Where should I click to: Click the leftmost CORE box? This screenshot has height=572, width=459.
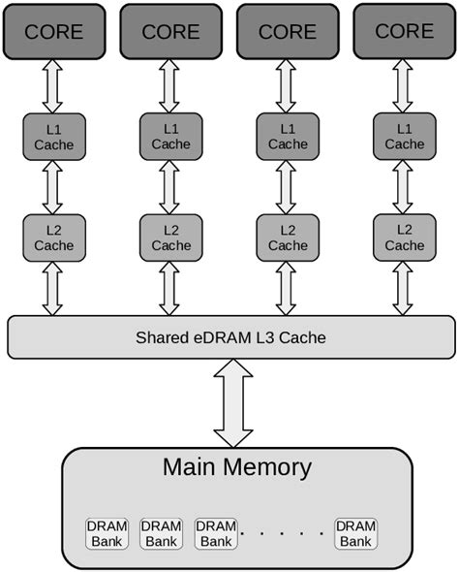click(x=54, y=30)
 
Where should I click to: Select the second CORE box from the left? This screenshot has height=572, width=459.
click(x=170, y=30)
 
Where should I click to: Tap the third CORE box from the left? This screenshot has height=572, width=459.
click(x=288, y=30)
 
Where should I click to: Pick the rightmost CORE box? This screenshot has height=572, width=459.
click(x=404, y=30)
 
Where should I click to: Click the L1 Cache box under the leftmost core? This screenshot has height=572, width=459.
click(x=54, y=137)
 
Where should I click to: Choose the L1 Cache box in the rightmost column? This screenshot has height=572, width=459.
click(x=404, y=137)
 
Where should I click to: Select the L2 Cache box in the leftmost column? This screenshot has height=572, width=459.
click(x=54, y=238)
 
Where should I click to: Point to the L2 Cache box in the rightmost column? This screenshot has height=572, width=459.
click(x=404, y=238)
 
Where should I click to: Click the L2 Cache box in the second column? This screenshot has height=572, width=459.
click(x=170, y=238)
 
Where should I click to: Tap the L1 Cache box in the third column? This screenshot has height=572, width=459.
click(x=288, y=137)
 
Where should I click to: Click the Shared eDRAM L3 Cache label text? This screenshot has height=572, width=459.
click(x=230, y=337)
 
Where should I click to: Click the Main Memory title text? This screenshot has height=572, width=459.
click(x=236, y=467)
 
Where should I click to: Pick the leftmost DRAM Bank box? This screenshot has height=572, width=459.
click(x=107, y=533)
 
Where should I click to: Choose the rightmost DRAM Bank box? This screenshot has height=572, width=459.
click(x=355, y=533)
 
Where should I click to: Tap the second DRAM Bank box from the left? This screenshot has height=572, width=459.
click(x=161, y=533)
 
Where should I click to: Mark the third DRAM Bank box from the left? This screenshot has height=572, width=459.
click(x=216, y=533)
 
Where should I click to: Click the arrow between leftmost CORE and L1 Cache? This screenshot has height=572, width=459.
click(x=53, y=86)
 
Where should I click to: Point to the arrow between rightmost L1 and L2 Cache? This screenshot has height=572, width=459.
click(x=404, y=187)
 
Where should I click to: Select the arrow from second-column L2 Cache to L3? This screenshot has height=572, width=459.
click(x=170, y=289)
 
